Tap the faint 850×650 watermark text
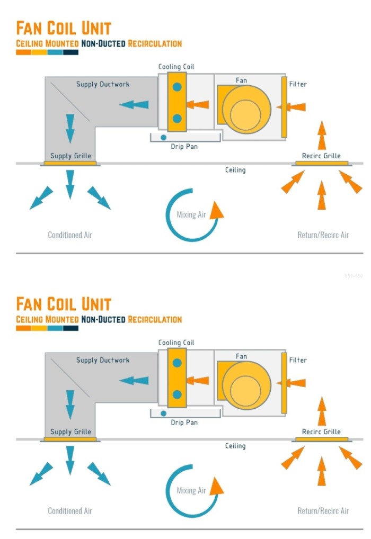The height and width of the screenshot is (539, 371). coord(354,276)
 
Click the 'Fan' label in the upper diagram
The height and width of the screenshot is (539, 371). coord(241,80)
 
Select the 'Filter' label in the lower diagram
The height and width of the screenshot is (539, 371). coord(298,360)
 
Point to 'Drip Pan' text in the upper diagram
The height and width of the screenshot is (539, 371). coord(184,147)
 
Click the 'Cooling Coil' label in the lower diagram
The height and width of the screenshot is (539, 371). coord(176,343)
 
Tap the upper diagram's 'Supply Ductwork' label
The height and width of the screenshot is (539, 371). coord(102,84)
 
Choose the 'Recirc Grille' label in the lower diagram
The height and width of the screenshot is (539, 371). coord(321,432)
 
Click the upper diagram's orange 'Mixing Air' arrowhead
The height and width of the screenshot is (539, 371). coord(216,211)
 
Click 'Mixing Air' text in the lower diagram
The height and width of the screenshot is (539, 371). coord(191,491)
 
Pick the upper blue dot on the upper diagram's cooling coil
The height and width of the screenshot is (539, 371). coord(177,87)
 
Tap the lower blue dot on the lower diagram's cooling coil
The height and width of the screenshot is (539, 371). coord(177,394)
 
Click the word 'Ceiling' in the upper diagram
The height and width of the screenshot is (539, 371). coord(235,170)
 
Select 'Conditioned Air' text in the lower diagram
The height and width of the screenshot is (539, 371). coord(70,511)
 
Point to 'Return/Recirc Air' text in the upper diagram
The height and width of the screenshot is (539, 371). coord(323,235)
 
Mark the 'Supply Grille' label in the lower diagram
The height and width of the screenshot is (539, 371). coord(70,432)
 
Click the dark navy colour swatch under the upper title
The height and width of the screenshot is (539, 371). coord(70,52)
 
